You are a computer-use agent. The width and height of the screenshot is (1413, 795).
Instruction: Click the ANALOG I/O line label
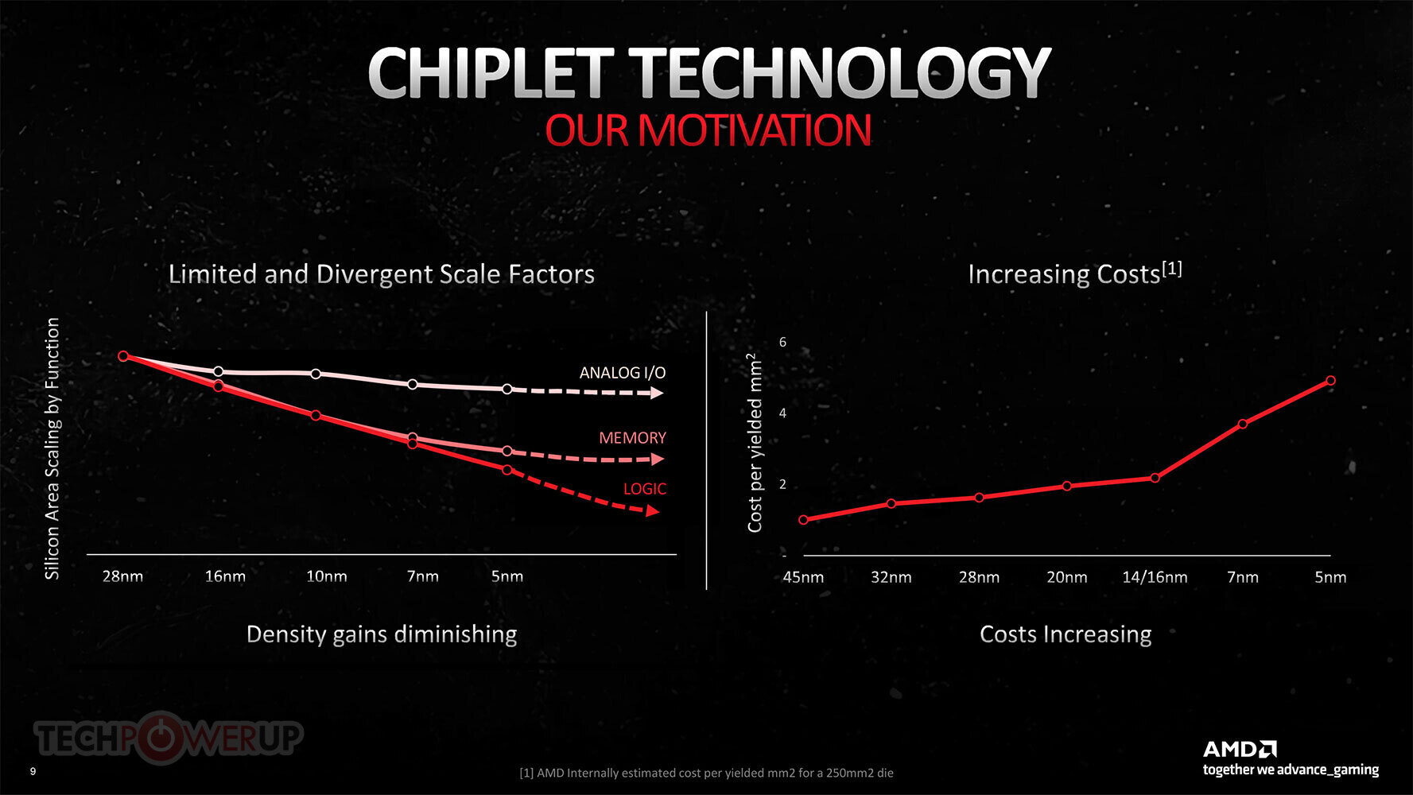(x=622, y=373)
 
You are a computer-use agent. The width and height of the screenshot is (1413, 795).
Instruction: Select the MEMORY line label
(x=632, y=438)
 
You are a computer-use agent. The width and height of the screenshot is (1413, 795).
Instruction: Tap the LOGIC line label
(x=644, y=489)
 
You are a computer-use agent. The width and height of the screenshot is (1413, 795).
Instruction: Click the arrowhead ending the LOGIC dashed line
(x=653, y=511)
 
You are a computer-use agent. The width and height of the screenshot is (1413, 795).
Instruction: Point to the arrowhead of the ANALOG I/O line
(x=657, y=393)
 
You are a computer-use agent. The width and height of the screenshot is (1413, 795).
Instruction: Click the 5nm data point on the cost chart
(x=1330, y=381)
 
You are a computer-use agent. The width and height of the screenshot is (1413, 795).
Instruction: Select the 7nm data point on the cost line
(x=1243, y=424)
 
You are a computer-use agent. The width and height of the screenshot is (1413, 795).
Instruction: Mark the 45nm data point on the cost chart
(x=803, y=520)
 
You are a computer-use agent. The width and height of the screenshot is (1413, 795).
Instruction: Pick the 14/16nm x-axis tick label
(x=1155, y=577)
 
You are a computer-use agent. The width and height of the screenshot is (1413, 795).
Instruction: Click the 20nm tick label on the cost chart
(x=1066, y=577)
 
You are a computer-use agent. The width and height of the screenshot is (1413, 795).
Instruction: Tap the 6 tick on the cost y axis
(x=782, y=343)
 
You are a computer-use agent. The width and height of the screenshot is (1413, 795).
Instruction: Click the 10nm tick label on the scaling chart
(x=326, y=576)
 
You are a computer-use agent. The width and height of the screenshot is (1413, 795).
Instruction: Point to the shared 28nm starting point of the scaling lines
(x=123, y=356)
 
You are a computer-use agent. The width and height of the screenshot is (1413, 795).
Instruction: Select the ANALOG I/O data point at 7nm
(x=412, y=385)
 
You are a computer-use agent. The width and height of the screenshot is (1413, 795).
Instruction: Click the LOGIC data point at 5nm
(x=507, y=470)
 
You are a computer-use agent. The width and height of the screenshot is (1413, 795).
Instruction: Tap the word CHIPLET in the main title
(x=490, y=73)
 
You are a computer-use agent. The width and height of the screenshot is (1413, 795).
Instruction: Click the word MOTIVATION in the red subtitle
(x=755, y=130)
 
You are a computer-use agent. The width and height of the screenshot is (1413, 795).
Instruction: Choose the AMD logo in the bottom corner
(x=1240, y=749)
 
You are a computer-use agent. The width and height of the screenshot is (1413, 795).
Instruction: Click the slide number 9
(x=33, y=771)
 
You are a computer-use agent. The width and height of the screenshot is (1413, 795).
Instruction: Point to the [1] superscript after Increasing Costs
(x=1172, y=269)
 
